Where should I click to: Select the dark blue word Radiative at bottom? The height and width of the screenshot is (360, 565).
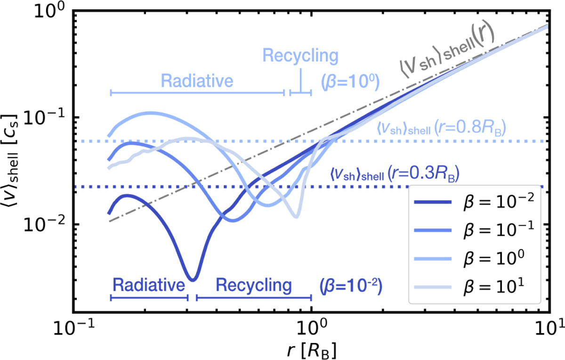148,285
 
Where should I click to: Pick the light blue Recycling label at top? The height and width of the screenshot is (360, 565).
300,56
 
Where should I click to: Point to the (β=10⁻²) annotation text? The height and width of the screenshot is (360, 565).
350,285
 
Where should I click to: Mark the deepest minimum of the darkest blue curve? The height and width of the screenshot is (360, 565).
192,279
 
